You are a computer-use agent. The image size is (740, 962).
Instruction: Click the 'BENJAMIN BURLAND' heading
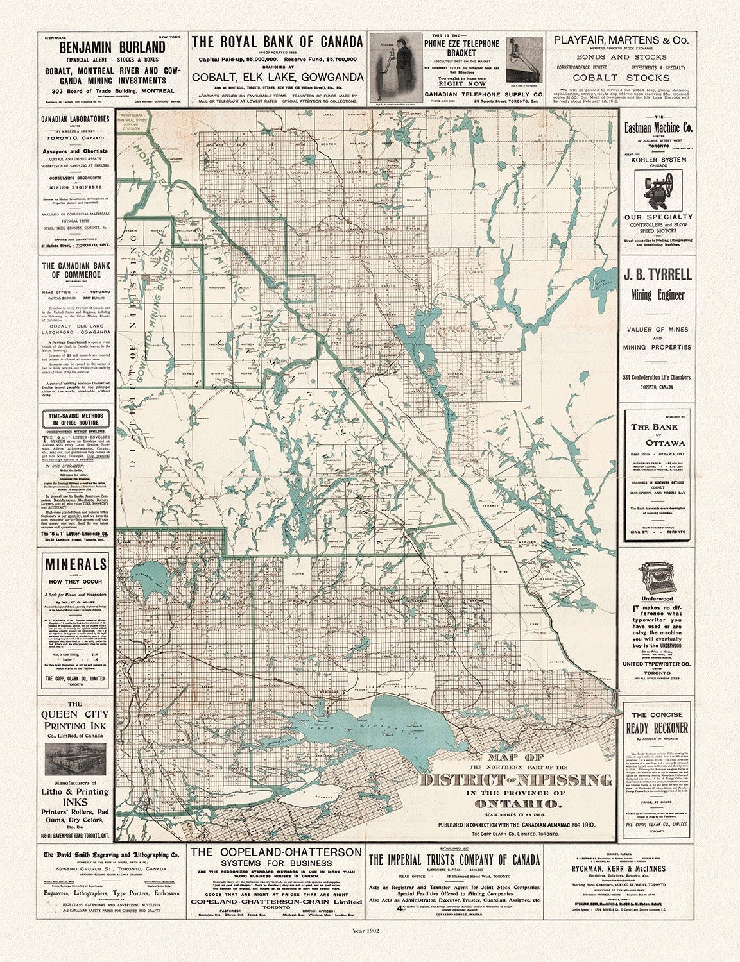[113, 48]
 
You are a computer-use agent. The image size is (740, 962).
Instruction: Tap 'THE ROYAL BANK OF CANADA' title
[278, 42]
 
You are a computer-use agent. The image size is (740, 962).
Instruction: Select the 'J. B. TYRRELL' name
[658, 274]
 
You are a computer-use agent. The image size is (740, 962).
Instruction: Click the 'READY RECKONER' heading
[658, 728]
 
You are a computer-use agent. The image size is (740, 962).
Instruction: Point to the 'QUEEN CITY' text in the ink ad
[75, 714]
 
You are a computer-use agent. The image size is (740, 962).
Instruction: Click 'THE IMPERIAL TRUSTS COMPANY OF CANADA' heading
[454, 860]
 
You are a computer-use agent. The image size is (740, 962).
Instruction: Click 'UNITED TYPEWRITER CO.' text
[657, 664]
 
